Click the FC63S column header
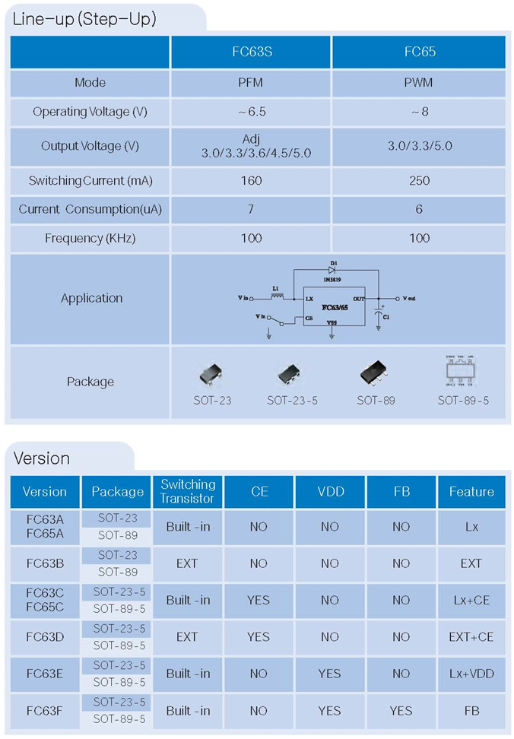[x=252, y=52]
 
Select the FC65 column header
[x=419, y=52]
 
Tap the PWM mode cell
[x=419, y=82]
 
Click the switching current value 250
[x=419, y=180]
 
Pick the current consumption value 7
[x=252, y=209]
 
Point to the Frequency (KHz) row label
[x=90, y=238]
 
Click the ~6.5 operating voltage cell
[x=252, y=111]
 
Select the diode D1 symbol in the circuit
[x=332, y=268]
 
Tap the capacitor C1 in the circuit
[x=379, y=314]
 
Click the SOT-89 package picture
[x=376, y=373]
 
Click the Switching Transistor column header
[x=188, y=491]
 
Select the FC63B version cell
[x=45, y=563]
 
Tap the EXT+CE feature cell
[x=471, y=636]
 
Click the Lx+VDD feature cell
[x=471, y=673]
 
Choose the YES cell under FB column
[x=401, y=710]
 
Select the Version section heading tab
[x=43, y=458]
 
